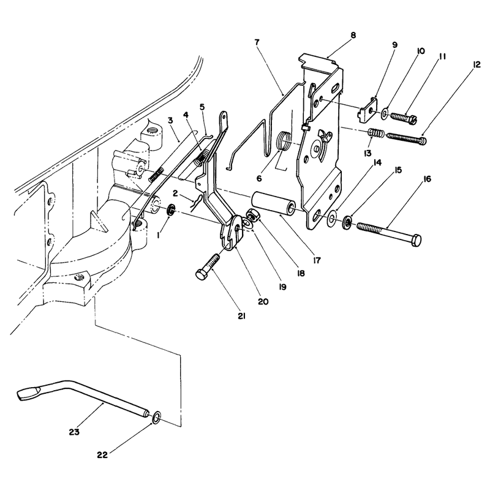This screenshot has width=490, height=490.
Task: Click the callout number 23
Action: (74, 432)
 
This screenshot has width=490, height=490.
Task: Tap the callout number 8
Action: (353, 35)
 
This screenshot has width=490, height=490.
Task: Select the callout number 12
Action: (477, 65)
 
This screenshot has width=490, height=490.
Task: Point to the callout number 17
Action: (317, 260)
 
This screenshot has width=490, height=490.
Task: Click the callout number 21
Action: (241, 316)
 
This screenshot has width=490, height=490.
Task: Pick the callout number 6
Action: (259, 178)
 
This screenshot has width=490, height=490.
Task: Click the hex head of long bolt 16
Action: (416, 241)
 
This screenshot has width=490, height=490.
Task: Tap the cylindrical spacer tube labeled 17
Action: (273, 203)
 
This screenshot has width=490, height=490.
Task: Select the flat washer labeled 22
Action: (157, 418)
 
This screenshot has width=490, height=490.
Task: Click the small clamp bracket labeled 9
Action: (367, 108)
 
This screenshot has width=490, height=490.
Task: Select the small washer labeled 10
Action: (385, 113)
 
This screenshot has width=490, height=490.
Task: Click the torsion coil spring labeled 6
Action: (285, 141)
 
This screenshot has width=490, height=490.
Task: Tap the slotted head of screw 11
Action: (413, 119)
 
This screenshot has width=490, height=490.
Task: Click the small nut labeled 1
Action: (171, 209)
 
